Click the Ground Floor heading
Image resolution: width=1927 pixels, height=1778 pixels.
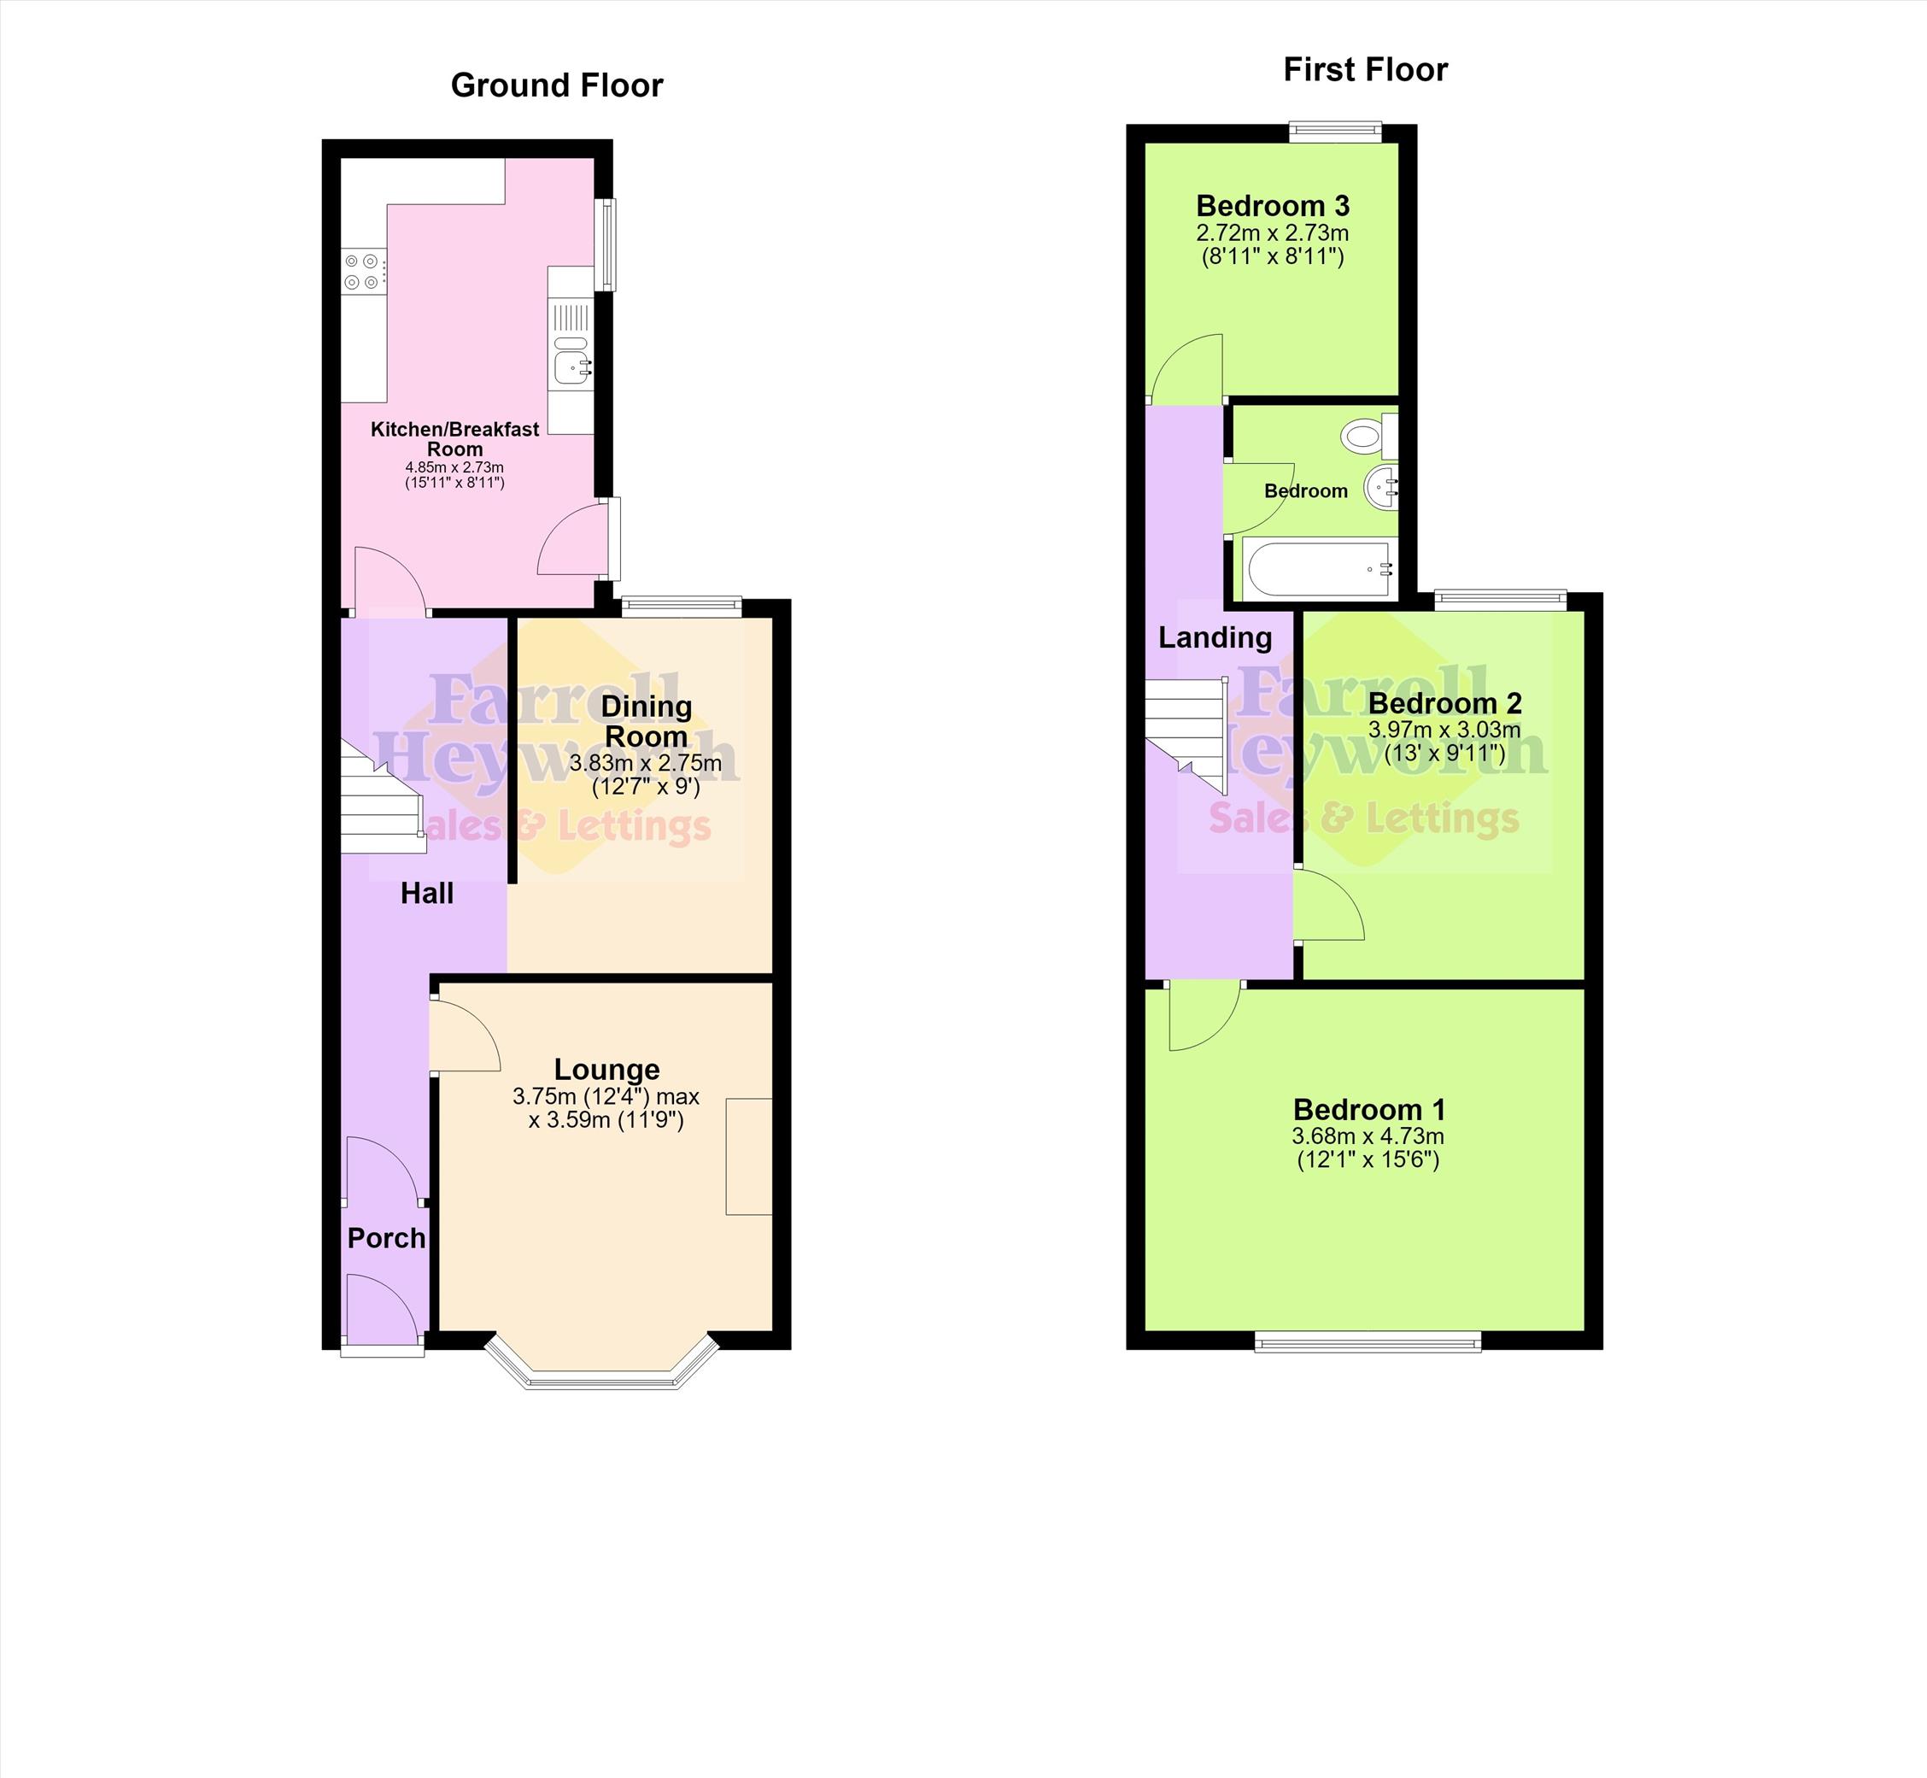557,85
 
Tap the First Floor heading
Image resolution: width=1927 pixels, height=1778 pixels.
1365,69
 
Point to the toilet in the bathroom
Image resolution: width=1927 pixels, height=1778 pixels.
1370,436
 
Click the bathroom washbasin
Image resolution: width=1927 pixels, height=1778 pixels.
1381,489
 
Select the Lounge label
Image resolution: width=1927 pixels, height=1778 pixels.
607,1070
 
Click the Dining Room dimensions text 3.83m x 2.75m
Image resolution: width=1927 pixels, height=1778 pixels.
646,764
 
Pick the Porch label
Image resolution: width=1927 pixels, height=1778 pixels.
386,1238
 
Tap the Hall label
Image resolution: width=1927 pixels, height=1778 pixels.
427,894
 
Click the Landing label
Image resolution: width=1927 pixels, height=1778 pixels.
1215,638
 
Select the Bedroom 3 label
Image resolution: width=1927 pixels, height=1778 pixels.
1273,206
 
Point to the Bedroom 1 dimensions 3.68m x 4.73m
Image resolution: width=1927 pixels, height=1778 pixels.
1368,1136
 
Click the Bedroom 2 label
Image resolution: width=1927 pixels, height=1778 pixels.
1445,703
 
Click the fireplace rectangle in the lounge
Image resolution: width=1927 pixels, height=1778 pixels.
749,1157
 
